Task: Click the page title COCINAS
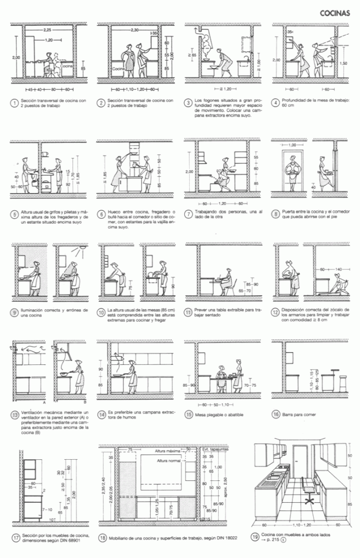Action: click(334, 12)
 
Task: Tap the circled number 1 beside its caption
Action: click(14, 103)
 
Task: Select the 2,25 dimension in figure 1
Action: click(47, 29)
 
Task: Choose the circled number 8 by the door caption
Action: click(275, 213)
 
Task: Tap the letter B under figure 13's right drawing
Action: click(84, 401)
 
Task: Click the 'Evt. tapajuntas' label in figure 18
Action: click(213, 450)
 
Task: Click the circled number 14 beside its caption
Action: click(102, 414)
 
